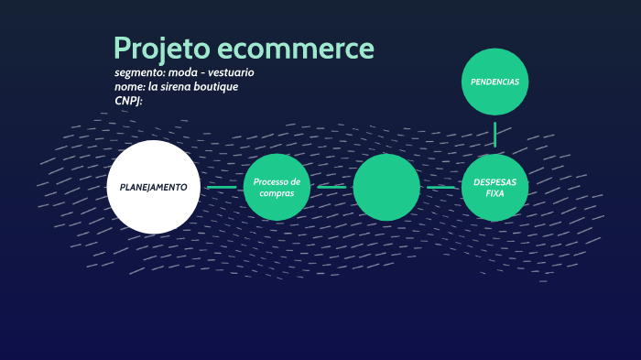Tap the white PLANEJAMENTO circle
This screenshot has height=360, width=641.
(x=153, y=187)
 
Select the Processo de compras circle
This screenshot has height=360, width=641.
(x=277, y=187)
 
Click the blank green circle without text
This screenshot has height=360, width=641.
(x=386, y=187)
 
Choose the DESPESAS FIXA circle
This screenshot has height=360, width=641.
(x=494, y=187)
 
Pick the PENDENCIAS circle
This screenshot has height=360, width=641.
(x=494, y=82)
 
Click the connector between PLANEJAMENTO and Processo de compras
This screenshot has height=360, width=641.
(x=222, y=187)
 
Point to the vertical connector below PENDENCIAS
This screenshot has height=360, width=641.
(x=494, y=134)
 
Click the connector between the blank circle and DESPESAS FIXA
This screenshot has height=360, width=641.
(x=440, y=187)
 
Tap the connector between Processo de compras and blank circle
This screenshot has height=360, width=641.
(x=331, y=187)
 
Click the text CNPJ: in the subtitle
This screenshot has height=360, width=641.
(x=128, y=101)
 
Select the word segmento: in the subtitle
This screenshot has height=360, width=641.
(x=139, y=71)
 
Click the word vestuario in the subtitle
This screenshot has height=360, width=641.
(x=230, y=71)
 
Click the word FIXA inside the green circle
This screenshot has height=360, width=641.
(x=494, y=193)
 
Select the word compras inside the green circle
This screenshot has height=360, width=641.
(x=277, y=193)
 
